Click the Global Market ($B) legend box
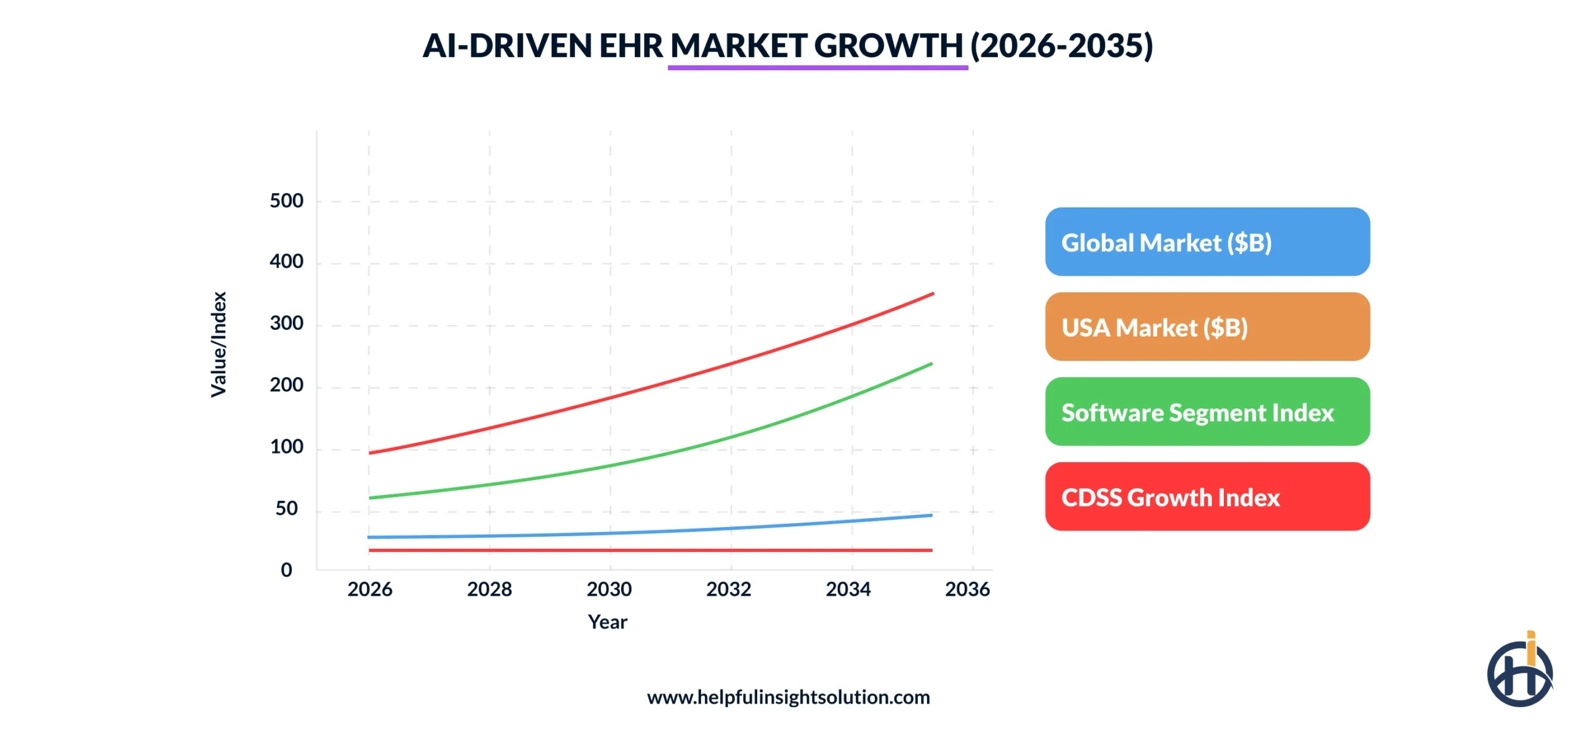pos(1207,242)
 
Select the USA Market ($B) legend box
pos(1207,327)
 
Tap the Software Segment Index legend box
pos(1207,412)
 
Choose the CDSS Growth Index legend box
pos(1207,497)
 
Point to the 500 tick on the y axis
pos(286,201)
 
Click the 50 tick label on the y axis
pos(286,508)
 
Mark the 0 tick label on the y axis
pos(286,570)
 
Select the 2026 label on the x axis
pos(369,589)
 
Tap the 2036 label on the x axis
pos(967,589)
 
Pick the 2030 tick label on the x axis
pos(609,589)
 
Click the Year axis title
pos(607,622)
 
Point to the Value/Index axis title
pos(219,345)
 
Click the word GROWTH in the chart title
pos(888,46)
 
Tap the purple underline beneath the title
pos(818,68)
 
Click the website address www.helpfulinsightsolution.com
pos(788,697)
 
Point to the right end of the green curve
pos(931,364)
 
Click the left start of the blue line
pos(369,537)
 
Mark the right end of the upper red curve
pos(933,294)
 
